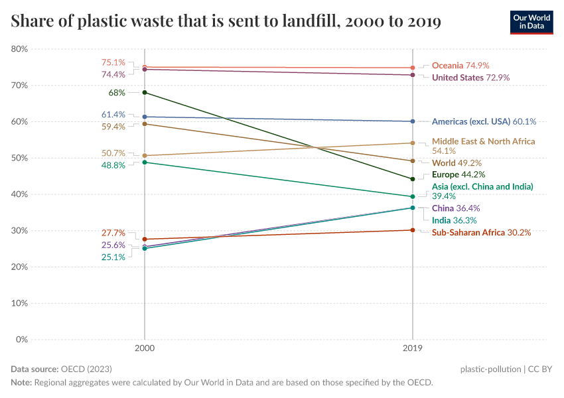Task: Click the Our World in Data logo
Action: [x=531, y=22]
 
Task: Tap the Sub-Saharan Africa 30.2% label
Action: [x=481, y=232]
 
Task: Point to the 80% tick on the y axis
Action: [x=19, y=49]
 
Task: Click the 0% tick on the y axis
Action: [x=21, y=340]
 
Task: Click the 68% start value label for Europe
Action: [x=117, y=93]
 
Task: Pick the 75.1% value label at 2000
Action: [x=113, y=62]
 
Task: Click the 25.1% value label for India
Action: [x=113, y=257]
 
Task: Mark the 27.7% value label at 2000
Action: [x=113, y=233]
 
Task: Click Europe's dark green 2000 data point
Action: [x=145, y=92]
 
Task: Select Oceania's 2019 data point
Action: [x=413, y=68]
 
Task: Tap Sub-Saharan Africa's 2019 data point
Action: [x=413, y=230]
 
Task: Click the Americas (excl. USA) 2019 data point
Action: [x=413, y=121]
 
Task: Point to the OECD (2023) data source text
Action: [x=86, y=369]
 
